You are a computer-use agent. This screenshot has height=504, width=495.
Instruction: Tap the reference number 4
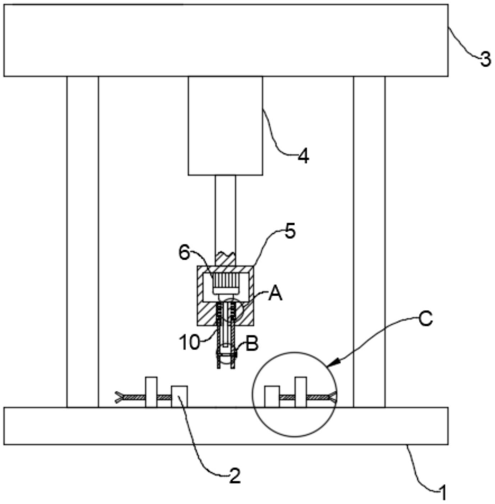[x=304, y=156]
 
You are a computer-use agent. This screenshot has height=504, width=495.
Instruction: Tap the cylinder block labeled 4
[x=225, y=126]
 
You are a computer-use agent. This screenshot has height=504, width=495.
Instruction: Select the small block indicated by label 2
[x=179, y=396]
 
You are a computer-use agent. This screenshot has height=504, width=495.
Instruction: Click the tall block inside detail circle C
[x=301, y=392]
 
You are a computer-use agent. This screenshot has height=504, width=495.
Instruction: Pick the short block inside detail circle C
[x=272, y=397]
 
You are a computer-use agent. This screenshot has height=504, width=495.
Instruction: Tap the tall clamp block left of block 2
[x=151, y=392]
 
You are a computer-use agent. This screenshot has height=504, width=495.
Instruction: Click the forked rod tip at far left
[x=119, y=397]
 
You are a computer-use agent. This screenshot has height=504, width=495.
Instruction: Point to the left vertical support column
[x=83, y=242]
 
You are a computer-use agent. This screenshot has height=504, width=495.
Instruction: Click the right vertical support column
[x=369, y=242]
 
